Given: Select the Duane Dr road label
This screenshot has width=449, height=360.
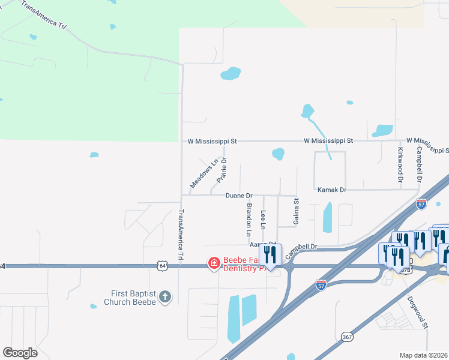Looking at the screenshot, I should tap(239, 196).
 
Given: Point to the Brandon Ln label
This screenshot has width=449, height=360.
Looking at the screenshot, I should tap(249, 219).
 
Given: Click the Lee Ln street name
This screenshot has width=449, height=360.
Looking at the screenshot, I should tap(263, 220).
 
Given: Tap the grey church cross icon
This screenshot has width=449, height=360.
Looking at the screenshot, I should tap(165, 296).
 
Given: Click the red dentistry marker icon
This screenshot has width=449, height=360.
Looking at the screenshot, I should tap(214, 263).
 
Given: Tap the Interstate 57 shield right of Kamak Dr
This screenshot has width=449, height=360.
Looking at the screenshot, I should tap(421, 204).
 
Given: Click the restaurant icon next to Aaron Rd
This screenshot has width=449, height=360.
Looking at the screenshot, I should tap(270, 254).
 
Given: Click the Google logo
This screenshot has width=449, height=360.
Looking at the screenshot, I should tap(20, 353).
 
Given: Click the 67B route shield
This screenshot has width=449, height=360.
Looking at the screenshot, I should tap(405, 269).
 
